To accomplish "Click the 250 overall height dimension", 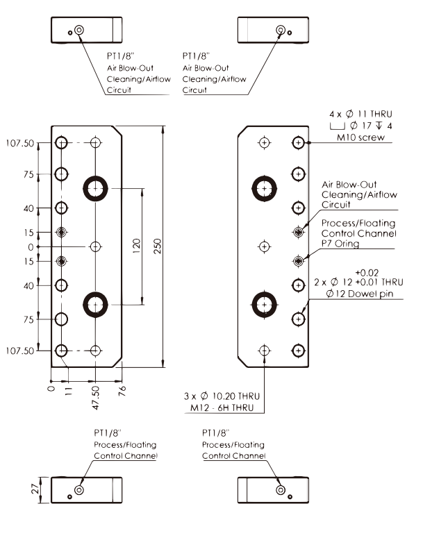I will point(158,247).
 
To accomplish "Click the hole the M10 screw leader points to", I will point(298,142).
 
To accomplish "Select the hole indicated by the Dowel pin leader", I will point(298,319).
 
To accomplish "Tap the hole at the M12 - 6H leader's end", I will point(264,351).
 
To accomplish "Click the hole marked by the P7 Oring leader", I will point(298,261).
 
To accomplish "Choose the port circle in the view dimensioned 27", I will point(79,489).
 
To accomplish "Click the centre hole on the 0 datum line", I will point(96,246).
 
